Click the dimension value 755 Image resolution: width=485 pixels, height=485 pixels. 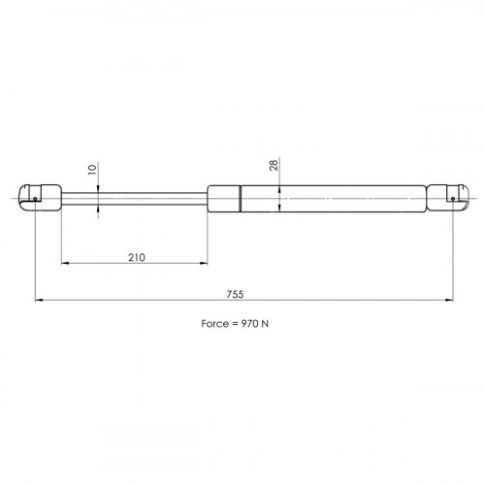click(x=235, y=294)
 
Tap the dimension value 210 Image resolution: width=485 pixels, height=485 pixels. click(x=137, y=257)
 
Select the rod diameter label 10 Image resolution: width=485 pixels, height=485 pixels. click(x=92, y=170)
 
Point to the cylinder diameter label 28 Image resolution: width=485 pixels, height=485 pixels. click(x=274, y=165)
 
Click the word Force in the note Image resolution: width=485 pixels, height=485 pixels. click(x=215, y=323)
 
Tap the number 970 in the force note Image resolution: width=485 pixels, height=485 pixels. click(x=250, y=323)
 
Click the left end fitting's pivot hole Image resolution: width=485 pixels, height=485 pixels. click(x=35, y=199)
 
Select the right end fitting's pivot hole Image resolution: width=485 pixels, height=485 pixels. click(x=453, y=199)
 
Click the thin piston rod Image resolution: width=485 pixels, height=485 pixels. click(x=134, y=199)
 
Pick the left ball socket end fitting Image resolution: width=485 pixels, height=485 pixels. click(x=40, y=198)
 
